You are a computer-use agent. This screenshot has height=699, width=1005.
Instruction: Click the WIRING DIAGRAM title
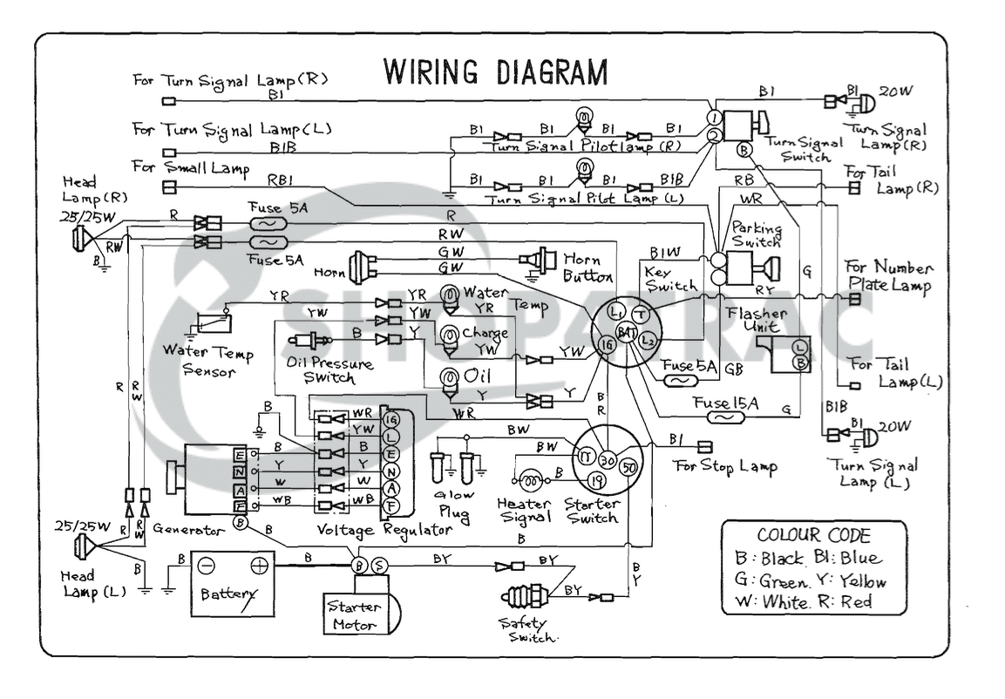[x=496, y=71]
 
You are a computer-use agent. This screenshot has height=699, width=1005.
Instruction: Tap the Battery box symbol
[x=232, y=582]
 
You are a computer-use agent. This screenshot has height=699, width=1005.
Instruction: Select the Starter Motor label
[x=354, y=615]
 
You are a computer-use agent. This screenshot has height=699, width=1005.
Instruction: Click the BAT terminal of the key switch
[x=626, y=332]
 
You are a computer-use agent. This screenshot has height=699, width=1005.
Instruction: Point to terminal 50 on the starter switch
[x=627, y=467]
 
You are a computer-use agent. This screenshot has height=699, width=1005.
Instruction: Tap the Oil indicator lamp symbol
[x=451, y=377]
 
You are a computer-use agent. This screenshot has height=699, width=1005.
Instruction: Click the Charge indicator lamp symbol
[x=450, y=336]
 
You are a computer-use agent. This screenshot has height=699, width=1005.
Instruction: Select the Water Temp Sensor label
[x=208, y=363]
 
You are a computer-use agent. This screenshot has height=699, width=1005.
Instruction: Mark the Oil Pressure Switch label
[x=329, y=370]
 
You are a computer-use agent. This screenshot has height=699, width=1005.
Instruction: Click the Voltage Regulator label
[x=384, y=529]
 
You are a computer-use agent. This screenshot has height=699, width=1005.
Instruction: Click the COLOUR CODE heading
[x=813, y=536]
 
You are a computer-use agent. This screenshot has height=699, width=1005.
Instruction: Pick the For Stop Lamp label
[x=725, y=466]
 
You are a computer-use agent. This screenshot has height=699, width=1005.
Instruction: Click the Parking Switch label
[x=757, y=234]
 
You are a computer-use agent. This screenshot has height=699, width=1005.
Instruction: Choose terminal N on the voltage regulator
[x=390, y=472]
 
